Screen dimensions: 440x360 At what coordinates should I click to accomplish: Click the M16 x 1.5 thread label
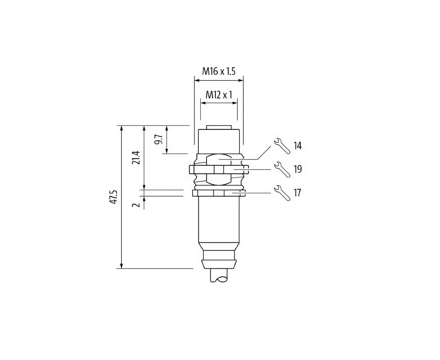coord(219,71)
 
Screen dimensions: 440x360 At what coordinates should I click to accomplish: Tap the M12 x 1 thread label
coord(219,95)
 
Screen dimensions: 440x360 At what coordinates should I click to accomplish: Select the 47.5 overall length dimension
coord(114,197)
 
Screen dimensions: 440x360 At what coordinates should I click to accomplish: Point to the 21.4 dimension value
coord(136,157)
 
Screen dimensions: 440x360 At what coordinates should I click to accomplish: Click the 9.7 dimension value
coord(159,139)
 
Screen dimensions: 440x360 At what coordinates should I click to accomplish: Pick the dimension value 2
coord(136,205)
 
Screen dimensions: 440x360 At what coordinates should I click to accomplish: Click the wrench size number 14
coord(298,146)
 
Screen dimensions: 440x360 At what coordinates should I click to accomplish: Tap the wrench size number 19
coord(298,170)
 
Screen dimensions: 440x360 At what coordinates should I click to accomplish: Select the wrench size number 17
coord(297,193)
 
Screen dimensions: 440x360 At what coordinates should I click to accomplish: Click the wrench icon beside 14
coord(282,146)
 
